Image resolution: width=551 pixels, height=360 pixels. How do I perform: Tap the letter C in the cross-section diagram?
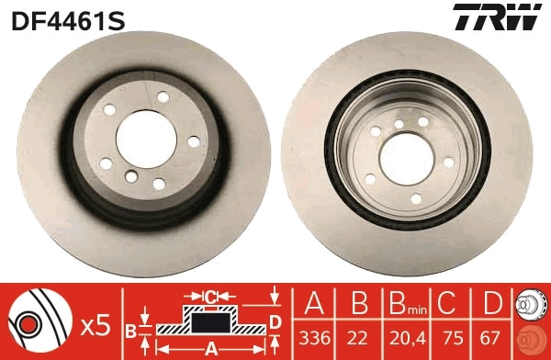(x=209, y=296)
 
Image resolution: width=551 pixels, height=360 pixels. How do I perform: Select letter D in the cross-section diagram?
(x=274, y=321)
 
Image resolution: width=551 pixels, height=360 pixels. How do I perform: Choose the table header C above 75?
(x=447, y=303)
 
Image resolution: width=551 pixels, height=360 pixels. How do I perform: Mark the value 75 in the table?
(x=447, y=338)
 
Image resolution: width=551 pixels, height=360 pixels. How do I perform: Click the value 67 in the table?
(x=491, y=338)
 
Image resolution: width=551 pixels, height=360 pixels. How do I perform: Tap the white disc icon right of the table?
(x=529, y=304)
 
